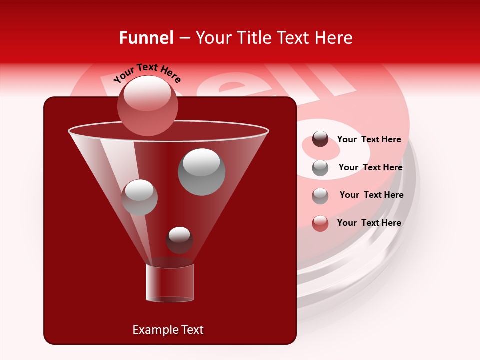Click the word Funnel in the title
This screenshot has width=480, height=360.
[x=146, y=38]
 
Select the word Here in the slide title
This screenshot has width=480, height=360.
[x=333, y=38]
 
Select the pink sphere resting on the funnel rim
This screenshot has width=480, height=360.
[x=147, y=105]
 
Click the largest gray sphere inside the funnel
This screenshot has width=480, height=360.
[x=201, y=171]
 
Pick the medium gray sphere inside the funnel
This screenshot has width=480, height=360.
[x=139, y=197]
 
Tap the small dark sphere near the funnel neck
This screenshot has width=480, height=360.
[x=179, y=240]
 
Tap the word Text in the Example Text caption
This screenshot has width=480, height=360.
[x=191, y=330]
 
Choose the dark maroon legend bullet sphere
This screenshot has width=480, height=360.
[x=320, y=139]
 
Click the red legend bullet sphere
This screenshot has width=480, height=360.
[x=320, y=223]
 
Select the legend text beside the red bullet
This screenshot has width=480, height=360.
[x=369, y=223]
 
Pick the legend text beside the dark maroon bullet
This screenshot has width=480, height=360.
[x=369, y=139]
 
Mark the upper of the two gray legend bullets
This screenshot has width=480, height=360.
[x=320, y=168]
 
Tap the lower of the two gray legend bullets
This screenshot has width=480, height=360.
[x=320, y=196]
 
